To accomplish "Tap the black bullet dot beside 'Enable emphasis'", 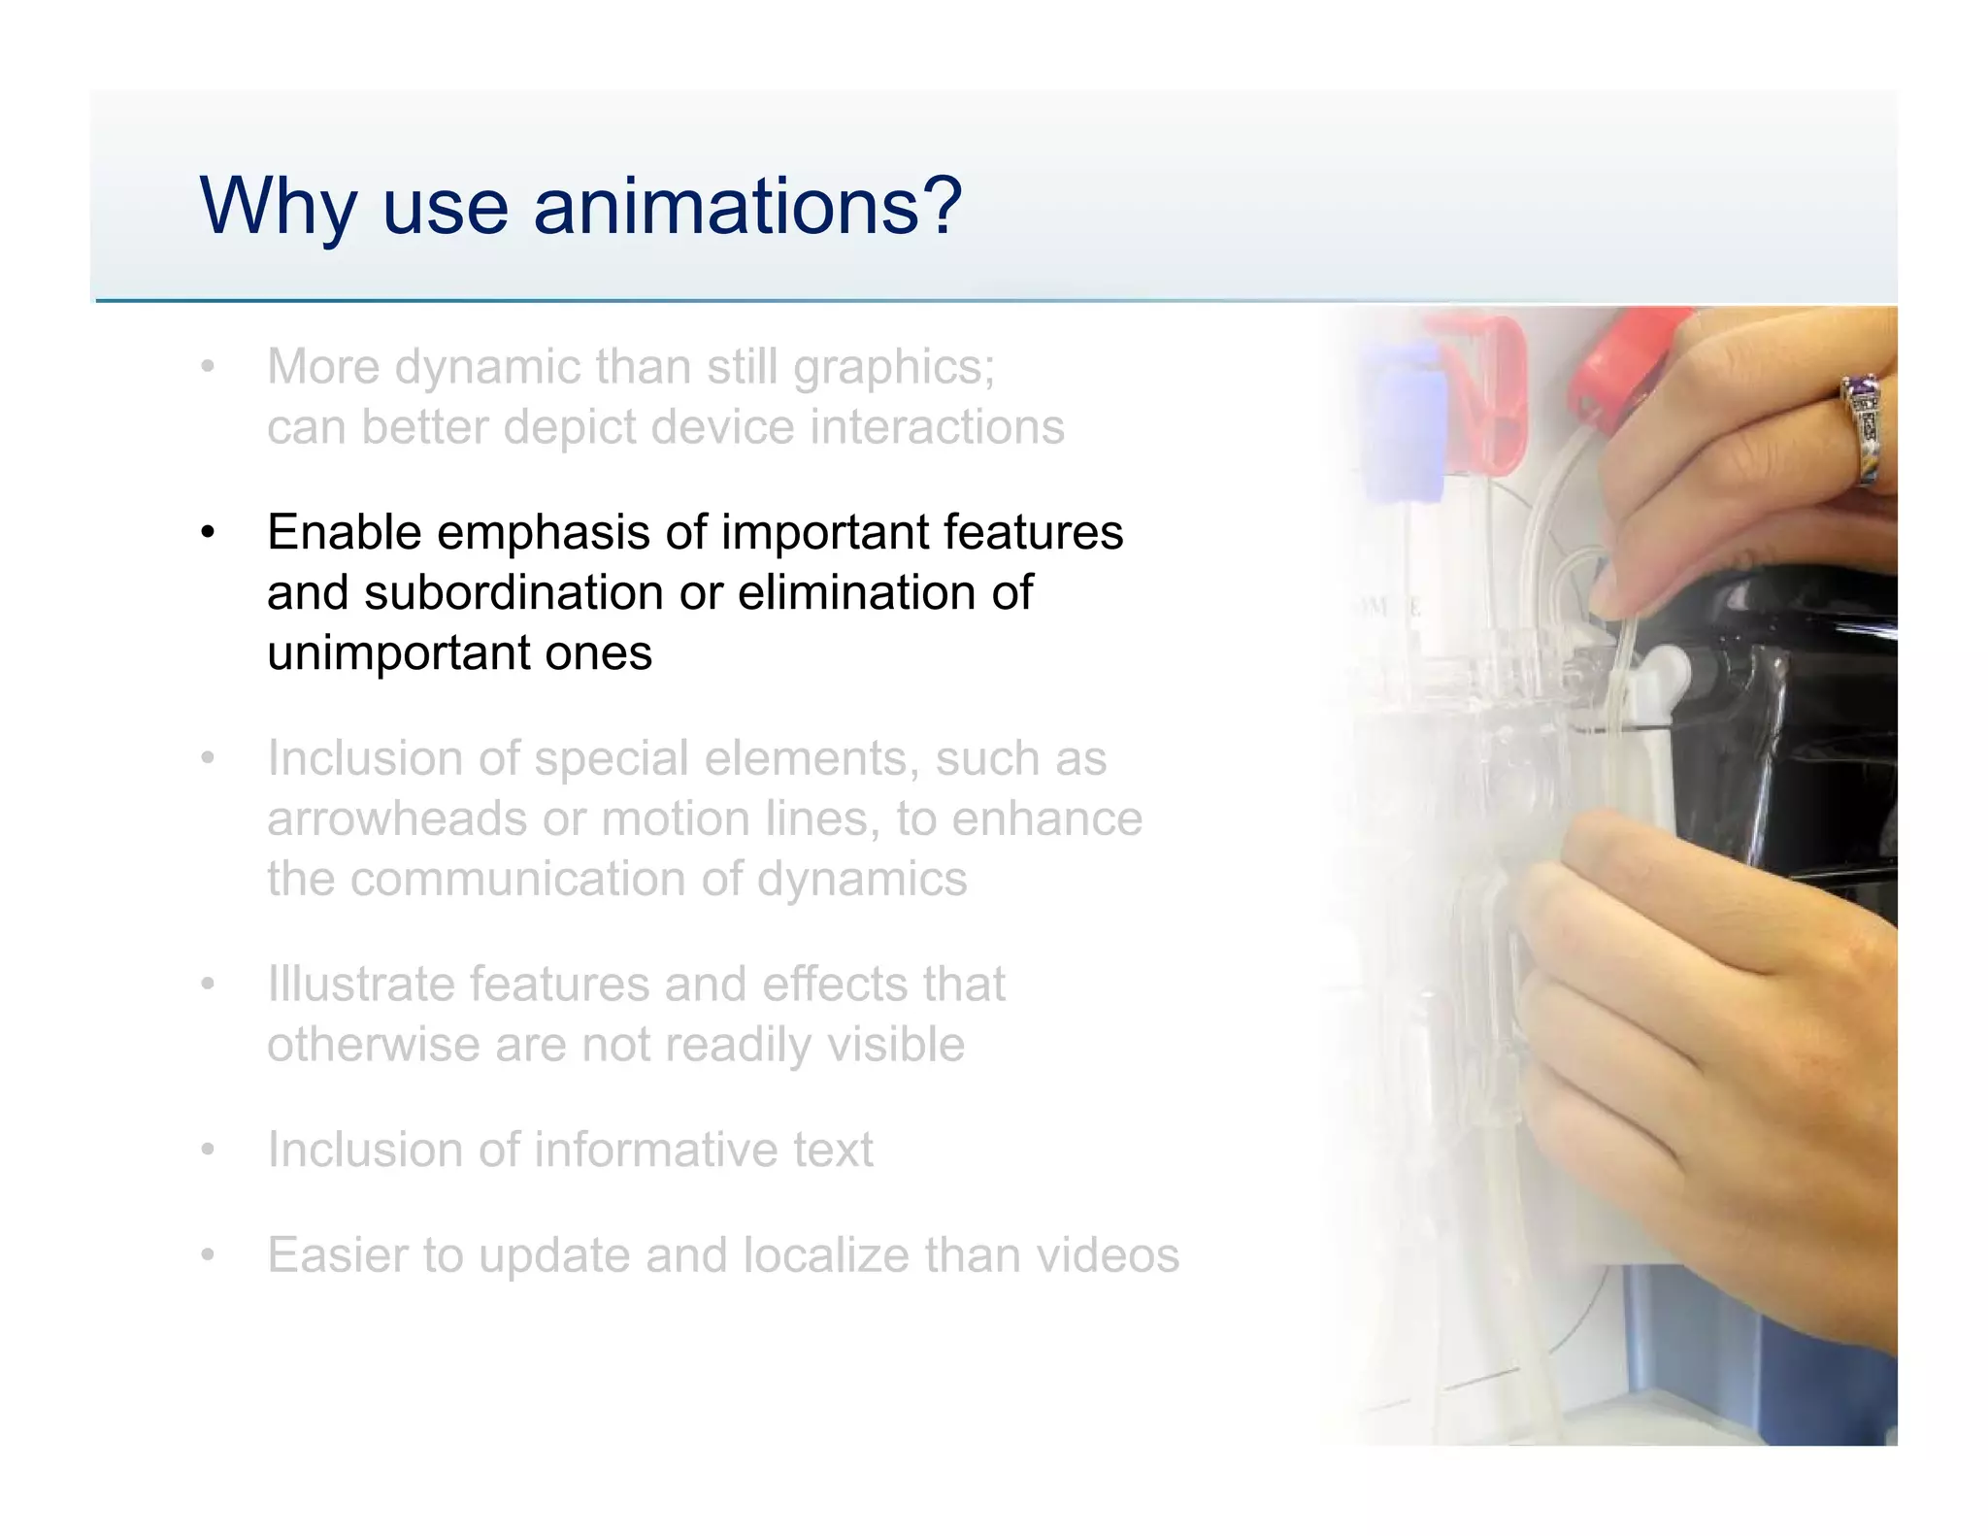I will click(207, 533).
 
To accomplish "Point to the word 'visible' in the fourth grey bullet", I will click(894, 1045).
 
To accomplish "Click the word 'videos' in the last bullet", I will click(1108, 1254).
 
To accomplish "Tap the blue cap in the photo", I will click(1398, 417).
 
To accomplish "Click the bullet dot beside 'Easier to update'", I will click(207, 1255).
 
